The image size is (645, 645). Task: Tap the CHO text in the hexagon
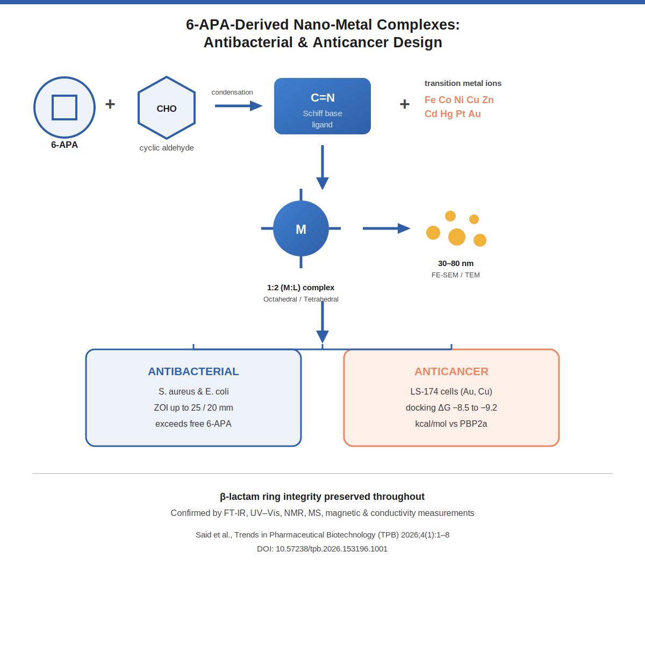tap(166, 109)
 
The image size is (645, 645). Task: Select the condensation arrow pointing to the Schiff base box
tap(239, 106)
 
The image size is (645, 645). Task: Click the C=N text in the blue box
tap(322, 97)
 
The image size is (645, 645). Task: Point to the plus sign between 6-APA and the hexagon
tap(110, 104)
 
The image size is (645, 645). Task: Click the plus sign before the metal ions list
tap(404, 104)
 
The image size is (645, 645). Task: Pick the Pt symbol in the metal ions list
tap(461, 114)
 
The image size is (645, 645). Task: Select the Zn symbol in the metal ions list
tap(488, 100)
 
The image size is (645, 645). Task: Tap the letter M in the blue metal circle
tap(301, 230)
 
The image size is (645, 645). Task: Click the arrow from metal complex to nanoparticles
tap(386, 228)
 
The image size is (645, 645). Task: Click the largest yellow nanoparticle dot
tap(456, 237)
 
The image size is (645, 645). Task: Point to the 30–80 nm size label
tap(456, 263)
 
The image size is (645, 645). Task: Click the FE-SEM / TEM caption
tap(456, 275)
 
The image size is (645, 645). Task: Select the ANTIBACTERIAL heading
tap(193, 371)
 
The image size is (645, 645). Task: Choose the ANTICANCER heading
tap(451, 371)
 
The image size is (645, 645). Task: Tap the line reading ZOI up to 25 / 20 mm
tap(193, 407)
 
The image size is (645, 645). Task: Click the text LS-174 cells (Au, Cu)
tap(451, 391)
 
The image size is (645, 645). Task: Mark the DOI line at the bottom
tap(322, 549)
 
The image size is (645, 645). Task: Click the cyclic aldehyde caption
tap(166, 148)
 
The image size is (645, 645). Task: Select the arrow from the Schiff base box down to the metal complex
tap(322, 167)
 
